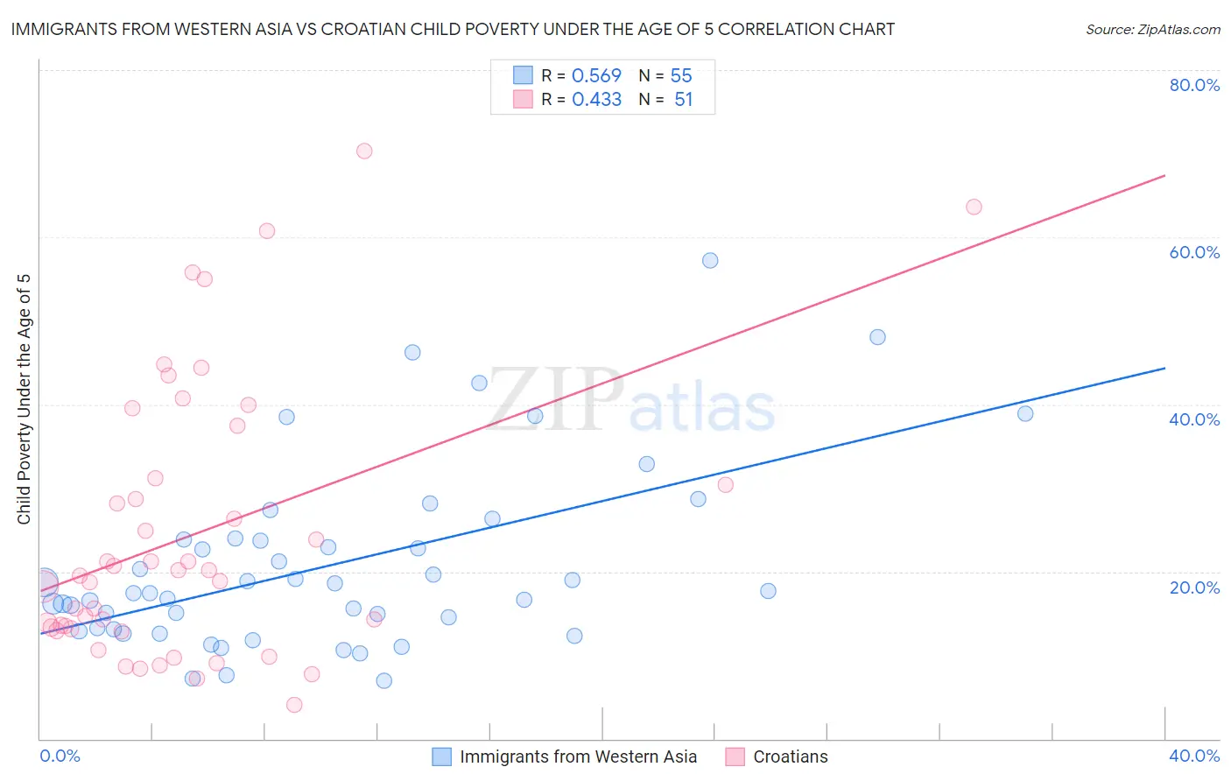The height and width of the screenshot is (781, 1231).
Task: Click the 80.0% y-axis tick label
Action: point(1194,85)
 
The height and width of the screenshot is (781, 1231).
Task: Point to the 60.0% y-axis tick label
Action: point(1194,252)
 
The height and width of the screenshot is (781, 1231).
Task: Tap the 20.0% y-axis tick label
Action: point(1194,587)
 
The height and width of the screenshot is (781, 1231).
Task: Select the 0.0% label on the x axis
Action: point(60,756)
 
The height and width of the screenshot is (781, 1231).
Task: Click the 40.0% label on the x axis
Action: point(1194,756)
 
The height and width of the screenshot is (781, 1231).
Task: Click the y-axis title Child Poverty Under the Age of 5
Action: point(25,399)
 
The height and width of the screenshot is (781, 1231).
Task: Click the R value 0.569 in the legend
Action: point(596,76)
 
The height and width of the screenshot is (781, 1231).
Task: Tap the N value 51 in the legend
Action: point(683,100)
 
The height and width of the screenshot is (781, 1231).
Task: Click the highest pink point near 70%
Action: point(364,151)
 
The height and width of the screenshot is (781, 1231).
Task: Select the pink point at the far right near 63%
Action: point(974,207)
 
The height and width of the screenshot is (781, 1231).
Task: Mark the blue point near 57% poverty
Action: point(710,260)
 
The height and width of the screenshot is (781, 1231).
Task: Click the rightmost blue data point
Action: point(1025,413)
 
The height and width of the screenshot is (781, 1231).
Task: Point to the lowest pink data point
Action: point(294,705)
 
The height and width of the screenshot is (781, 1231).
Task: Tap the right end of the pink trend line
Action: point(1164,176)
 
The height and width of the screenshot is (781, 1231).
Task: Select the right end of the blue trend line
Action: point(1164,368)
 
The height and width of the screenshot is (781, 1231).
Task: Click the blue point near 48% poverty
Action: point(877,337)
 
